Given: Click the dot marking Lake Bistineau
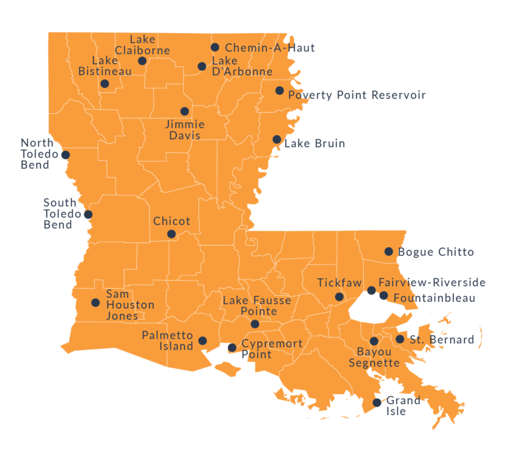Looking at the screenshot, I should pyautogui.click(x=105, y=84).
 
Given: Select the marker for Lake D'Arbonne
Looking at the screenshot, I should pyautogui.click(x=202, y=67).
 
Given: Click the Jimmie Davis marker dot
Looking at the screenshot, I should pyautogui.click(x=184, y=111).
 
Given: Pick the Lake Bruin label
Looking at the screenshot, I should pyautogui.click(x=314, y=143).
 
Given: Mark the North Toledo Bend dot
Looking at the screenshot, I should pyautogui.click(x=65, y=156).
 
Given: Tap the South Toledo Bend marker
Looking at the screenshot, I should pyautogui.click(x=88, y=215).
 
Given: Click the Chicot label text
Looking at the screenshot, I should pyautogui.click(x=171, y=221).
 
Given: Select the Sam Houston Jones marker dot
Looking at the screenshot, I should pyautogui.click(x=96, y=303).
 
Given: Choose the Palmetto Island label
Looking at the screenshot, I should pyautogui.click(x=167, y=340).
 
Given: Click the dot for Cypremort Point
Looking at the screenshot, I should pyautogui.click(x=232, y=348).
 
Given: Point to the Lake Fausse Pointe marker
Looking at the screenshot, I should pyautogui.click(x=255, y=324).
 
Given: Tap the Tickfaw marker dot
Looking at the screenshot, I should pyautogui.click(x=339, y=297).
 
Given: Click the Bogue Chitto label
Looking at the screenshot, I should pyautogui.click(x=436, y=252).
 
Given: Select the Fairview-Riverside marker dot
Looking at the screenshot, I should pyautogui.click(x=372, y=291).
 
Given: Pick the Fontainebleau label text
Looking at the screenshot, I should pyautogui.click(x=434, y=298).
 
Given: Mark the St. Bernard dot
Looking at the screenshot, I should pyautogui.click(x=400, y=339).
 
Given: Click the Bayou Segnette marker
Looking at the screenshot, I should pyautogui.click(x=374, y=341).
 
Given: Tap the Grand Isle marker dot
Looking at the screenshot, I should pyautogui.click(x=377, y=403).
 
